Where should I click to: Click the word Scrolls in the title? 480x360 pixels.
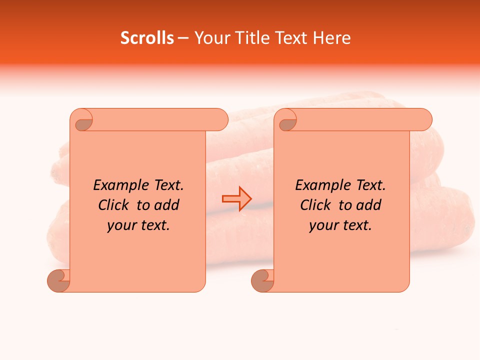click(x=147, y=38)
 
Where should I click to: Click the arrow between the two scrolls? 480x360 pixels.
click(x=236, y=199)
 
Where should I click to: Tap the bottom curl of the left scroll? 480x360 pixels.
click(x=58, y=280)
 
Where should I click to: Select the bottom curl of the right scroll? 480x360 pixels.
click(x=262, y=280)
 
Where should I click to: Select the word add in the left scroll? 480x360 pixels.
click(x=167, y=205)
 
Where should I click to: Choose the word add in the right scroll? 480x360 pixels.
click(x=369, y=205)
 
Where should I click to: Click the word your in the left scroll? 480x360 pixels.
click(x=120, y=225)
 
